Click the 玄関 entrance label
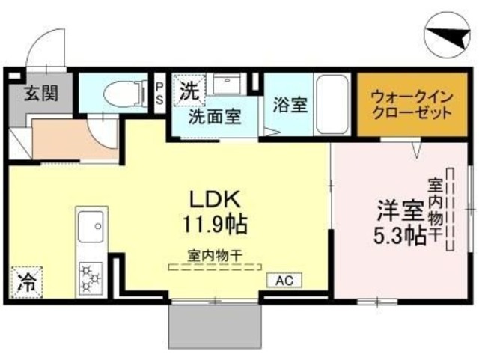(36, 94)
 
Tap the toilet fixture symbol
(120, 94)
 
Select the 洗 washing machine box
(190, 93)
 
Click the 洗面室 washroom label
(214, 118)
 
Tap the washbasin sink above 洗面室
(226, 85)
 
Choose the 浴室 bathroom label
(290, 105)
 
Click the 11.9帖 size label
(213, 223)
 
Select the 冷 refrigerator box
(26, 282)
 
